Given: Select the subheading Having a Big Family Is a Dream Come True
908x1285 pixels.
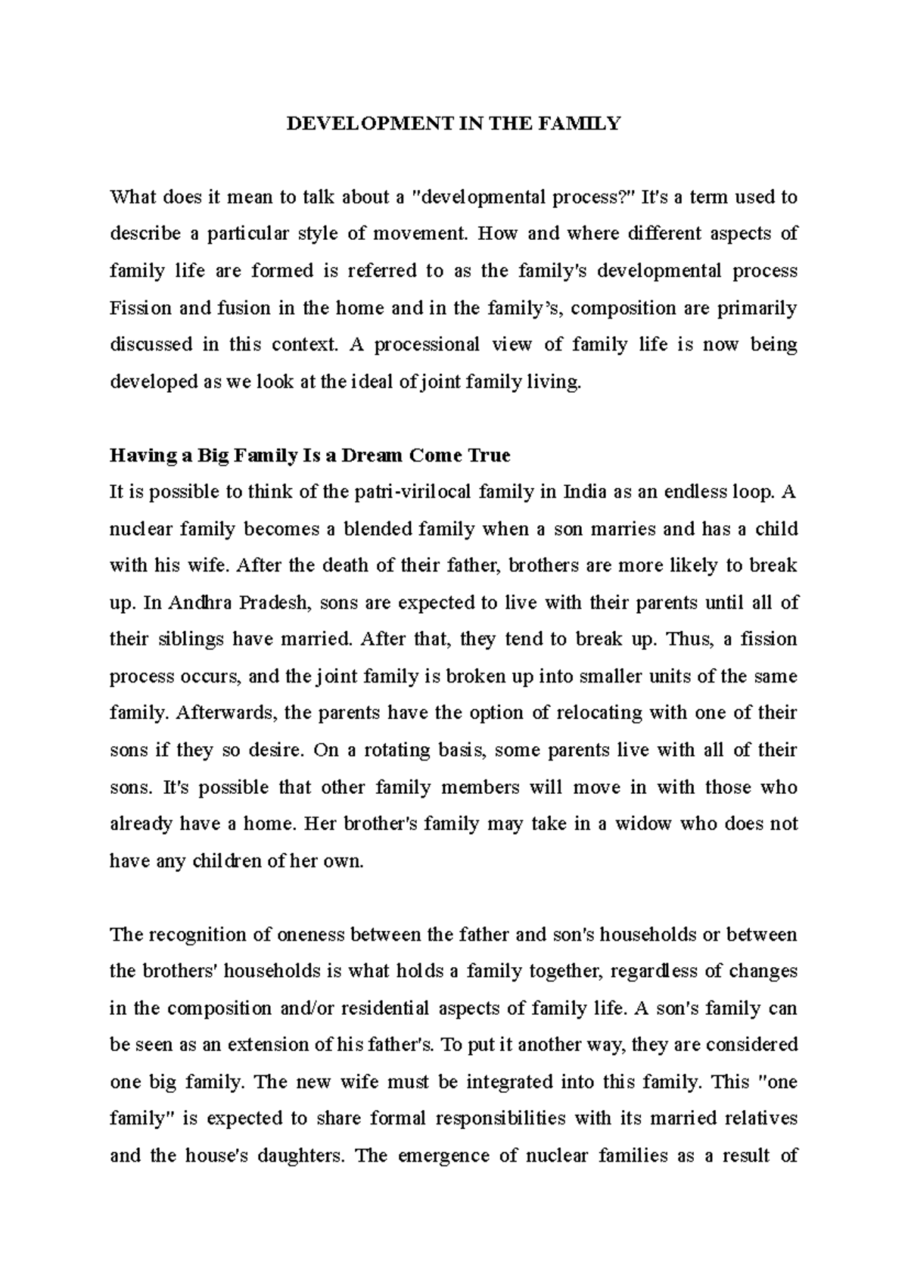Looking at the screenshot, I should [x=310, y=456].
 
